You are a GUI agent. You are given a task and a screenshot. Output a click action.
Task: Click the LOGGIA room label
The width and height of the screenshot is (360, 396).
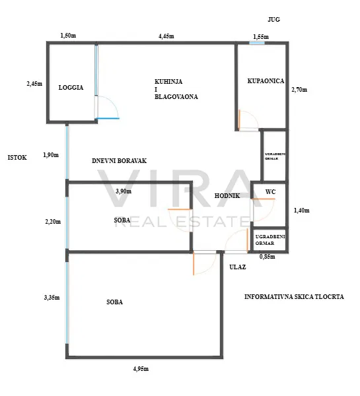(x=71, y=88)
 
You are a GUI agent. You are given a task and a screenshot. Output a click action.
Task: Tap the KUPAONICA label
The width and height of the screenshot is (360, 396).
(x=266, y=81)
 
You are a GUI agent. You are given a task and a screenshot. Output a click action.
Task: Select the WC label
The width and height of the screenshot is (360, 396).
(x=270, y=192)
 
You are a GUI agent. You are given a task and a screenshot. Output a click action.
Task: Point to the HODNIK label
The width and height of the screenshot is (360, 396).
(x=227, y=196)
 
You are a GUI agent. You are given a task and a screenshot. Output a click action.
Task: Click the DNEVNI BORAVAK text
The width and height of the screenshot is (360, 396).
(x=119, y=161)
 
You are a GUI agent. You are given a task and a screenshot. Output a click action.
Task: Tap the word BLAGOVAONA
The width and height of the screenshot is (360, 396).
(x=176, y=97)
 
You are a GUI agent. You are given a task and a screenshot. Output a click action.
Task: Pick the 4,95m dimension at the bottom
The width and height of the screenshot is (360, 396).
(x=141, y=369)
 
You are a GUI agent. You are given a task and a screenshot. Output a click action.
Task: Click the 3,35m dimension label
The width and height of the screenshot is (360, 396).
(x=52, y=298)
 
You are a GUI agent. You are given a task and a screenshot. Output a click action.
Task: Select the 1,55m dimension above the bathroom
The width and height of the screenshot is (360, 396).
(x=261, y=37)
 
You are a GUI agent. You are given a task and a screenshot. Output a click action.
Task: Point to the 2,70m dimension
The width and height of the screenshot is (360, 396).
(x=299, y=90)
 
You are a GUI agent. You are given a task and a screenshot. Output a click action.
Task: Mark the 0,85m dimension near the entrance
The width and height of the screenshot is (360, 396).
(x=268, y=257)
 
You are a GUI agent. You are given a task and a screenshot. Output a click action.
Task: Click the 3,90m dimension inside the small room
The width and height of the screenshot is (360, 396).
(x=124, y=191)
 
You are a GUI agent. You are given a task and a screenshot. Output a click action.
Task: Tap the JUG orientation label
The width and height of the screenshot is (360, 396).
(x=273, y=19)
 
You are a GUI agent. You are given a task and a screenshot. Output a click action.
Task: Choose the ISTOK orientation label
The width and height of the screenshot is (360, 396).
(x=17, y=158)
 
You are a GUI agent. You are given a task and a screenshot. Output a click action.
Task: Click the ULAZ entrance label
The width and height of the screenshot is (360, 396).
(x=238, y=267)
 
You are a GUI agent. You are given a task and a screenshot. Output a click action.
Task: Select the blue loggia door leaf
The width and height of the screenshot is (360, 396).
(x=108, y=118)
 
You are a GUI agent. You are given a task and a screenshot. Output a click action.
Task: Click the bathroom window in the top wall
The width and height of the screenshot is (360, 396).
(x=257, y=43)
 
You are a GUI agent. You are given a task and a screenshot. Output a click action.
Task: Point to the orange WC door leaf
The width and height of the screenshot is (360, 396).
(x=263, y=199)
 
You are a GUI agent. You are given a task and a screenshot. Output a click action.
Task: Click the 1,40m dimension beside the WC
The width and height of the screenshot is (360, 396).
(x=302, y=211)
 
